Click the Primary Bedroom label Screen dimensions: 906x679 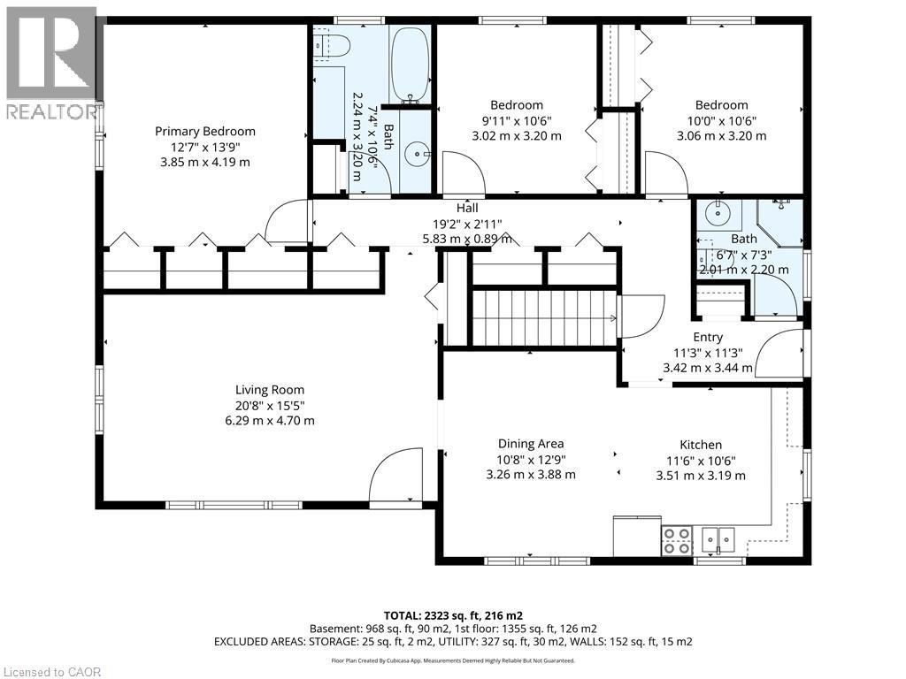(x=205, y=132)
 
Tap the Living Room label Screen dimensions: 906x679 (x=270, y=390)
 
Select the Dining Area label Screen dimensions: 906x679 (x=531, y=444)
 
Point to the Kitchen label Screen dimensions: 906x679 (x=701, y=446)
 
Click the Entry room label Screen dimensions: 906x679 (x=708, y=337)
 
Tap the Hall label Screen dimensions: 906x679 (x=467, y=208)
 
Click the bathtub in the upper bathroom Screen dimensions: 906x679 (x=411, y=65)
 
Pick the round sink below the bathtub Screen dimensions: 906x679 (x=417, y=154)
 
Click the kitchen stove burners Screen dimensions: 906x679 (x=677, y=541)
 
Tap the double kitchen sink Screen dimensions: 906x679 (x=718, y=540)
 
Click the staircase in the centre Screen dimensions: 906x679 (x=545, y=317)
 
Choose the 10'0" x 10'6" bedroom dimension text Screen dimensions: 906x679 (x=722, y=120)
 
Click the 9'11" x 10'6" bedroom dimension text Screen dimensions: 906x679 (x=517, y=120)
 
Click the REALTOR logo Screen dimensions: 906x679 (x=52, y=63)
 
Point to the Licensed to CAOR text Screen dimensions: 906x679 (x=52, y=672)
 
